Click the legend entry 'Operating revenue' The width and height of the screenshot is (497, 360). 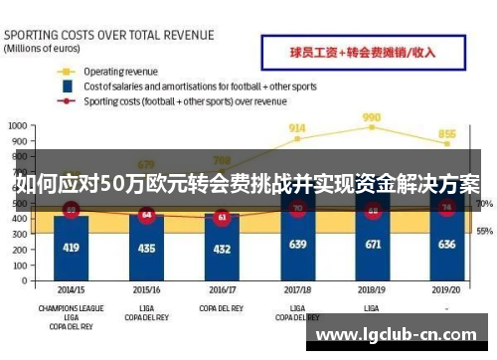coord(119,72)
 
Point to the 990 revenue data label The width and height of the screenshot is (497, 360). coord(373,116)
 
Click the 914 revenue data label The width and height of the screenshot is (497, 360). coord(297,128)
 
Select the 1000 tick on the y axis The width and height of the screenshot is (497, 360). coord(18,125)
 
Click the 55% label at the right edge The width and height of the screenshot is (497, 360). coord(484,231)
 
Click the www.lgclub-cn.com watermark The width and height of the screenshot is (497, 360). coord(403,334)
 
